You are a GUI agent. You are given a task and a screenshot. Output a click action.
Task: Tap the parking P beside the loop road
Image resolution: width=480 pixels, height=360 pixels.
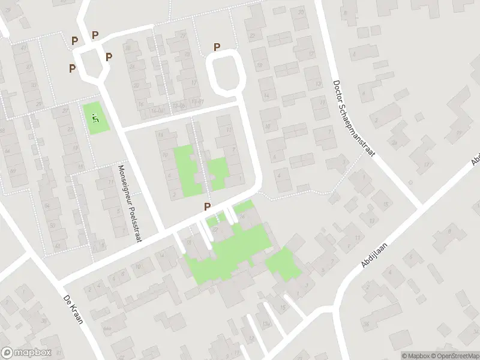[217, 47]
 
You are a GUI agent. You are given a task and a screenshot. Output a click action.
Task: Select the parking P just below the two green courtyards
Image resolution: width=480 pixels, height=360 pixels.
[208, 206]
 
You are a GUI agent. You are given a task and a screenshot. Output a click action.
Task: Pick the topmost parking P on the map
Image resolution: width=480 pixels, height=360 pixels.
[95, 35]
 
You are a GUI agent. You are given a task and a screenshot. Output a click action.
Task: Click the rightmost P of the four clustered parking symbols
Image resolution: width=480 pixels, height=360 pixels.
[109, 57]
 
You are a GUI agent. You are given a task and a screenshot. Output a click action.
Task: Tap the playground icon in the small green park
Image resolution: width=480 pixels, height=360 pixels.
[95, 118]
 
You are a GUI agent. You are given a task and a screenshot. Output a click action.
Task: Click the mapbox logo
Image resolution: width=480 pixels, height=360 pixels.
[26, 353]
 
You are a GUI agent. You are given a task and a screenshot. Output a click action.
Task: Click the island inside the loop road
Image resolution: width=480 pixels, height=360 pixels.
[225, 72]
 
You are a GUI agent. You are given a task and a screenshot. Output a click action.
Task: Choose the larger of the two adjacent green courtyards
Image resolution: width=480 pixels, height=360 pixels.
[187, 170]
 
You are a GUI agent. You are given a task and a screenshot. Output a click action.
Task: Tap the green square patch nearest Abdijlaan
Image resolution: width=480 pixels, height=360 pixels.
[283, 264]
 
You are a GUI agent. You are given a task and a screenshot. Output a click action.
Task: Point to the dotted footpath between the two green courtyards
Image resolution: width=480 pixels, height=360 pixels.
[202, 162]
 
